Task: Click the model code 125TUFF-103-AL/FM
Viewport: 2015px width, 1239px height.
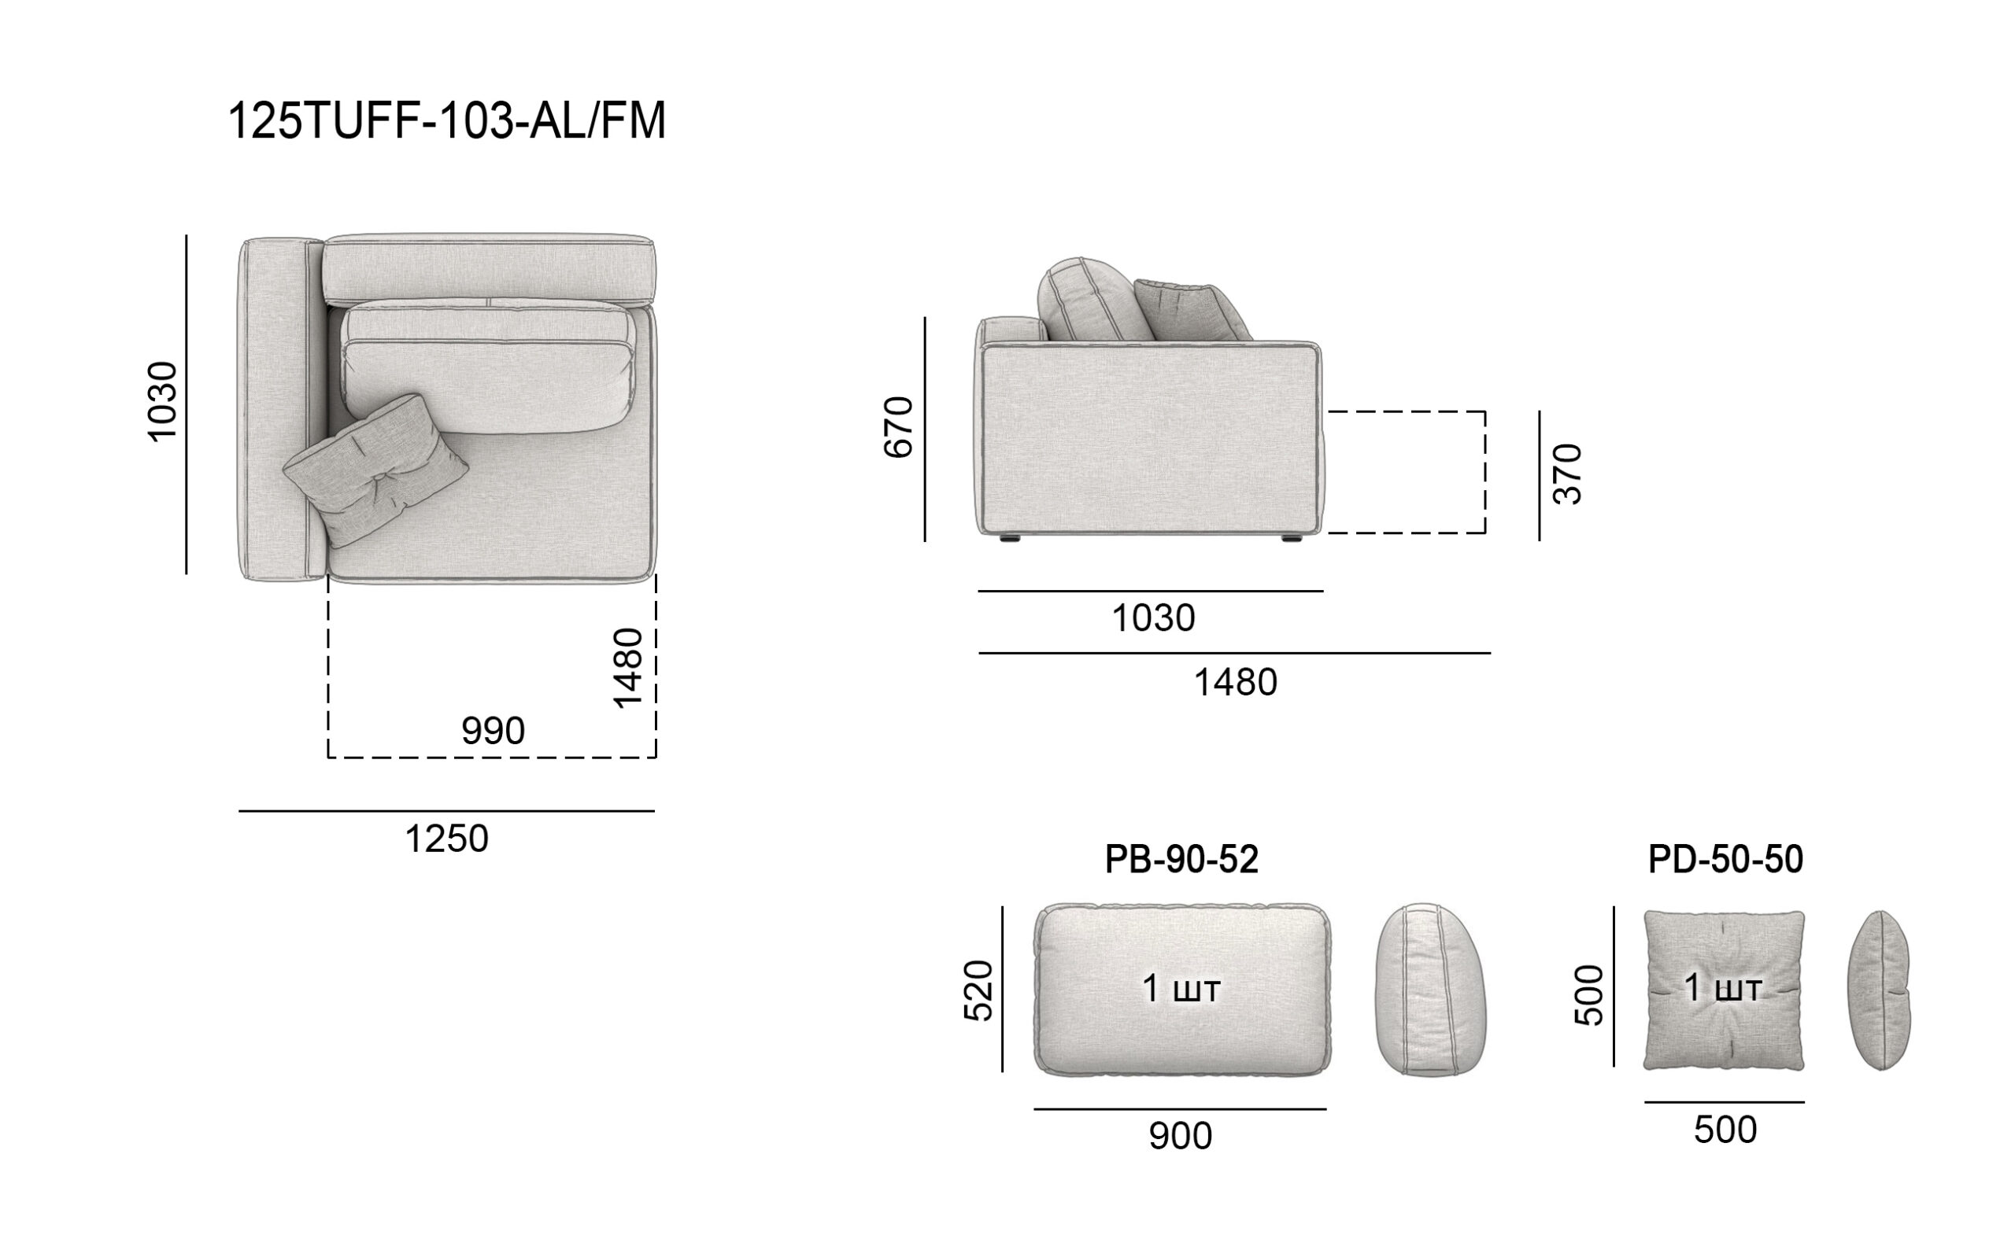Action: pos(447,121)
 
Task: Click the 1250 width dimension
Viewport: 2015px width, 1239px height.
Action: pos(447,839)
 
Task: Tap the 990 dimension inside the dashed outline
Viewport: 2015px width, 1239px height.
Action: pos(493,731)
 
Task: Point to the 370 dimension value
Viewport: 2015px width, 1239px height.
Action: pos(1567,474)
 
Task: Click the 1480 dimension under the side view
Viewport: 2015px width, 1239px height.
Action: pos(1236,683)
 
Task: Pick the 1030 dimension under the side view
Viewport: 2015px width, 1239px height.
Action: pos(1153,618)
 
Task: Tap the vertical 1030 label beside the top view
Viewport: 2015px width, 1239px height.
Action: pos(162,401)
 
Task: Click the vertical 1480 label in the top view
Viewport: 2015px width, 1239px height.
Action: pos(628,668)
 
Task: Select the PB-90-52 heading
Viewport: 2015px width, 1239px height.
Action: pos(1181,860)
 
